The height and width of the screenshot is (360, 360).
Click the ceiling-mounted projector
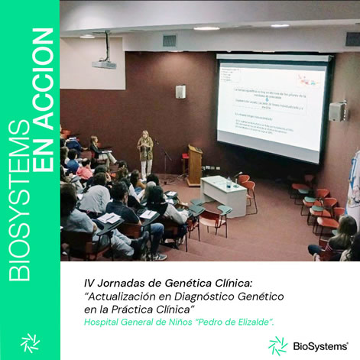tap(104, 64)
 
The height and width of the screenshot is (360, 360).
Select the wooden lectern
tap(195, 164)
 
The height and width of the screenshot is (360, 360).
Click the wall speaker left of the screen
tap(180, 92)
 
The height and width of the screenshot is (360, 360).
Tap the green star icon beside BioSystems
tap(277, 345)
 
